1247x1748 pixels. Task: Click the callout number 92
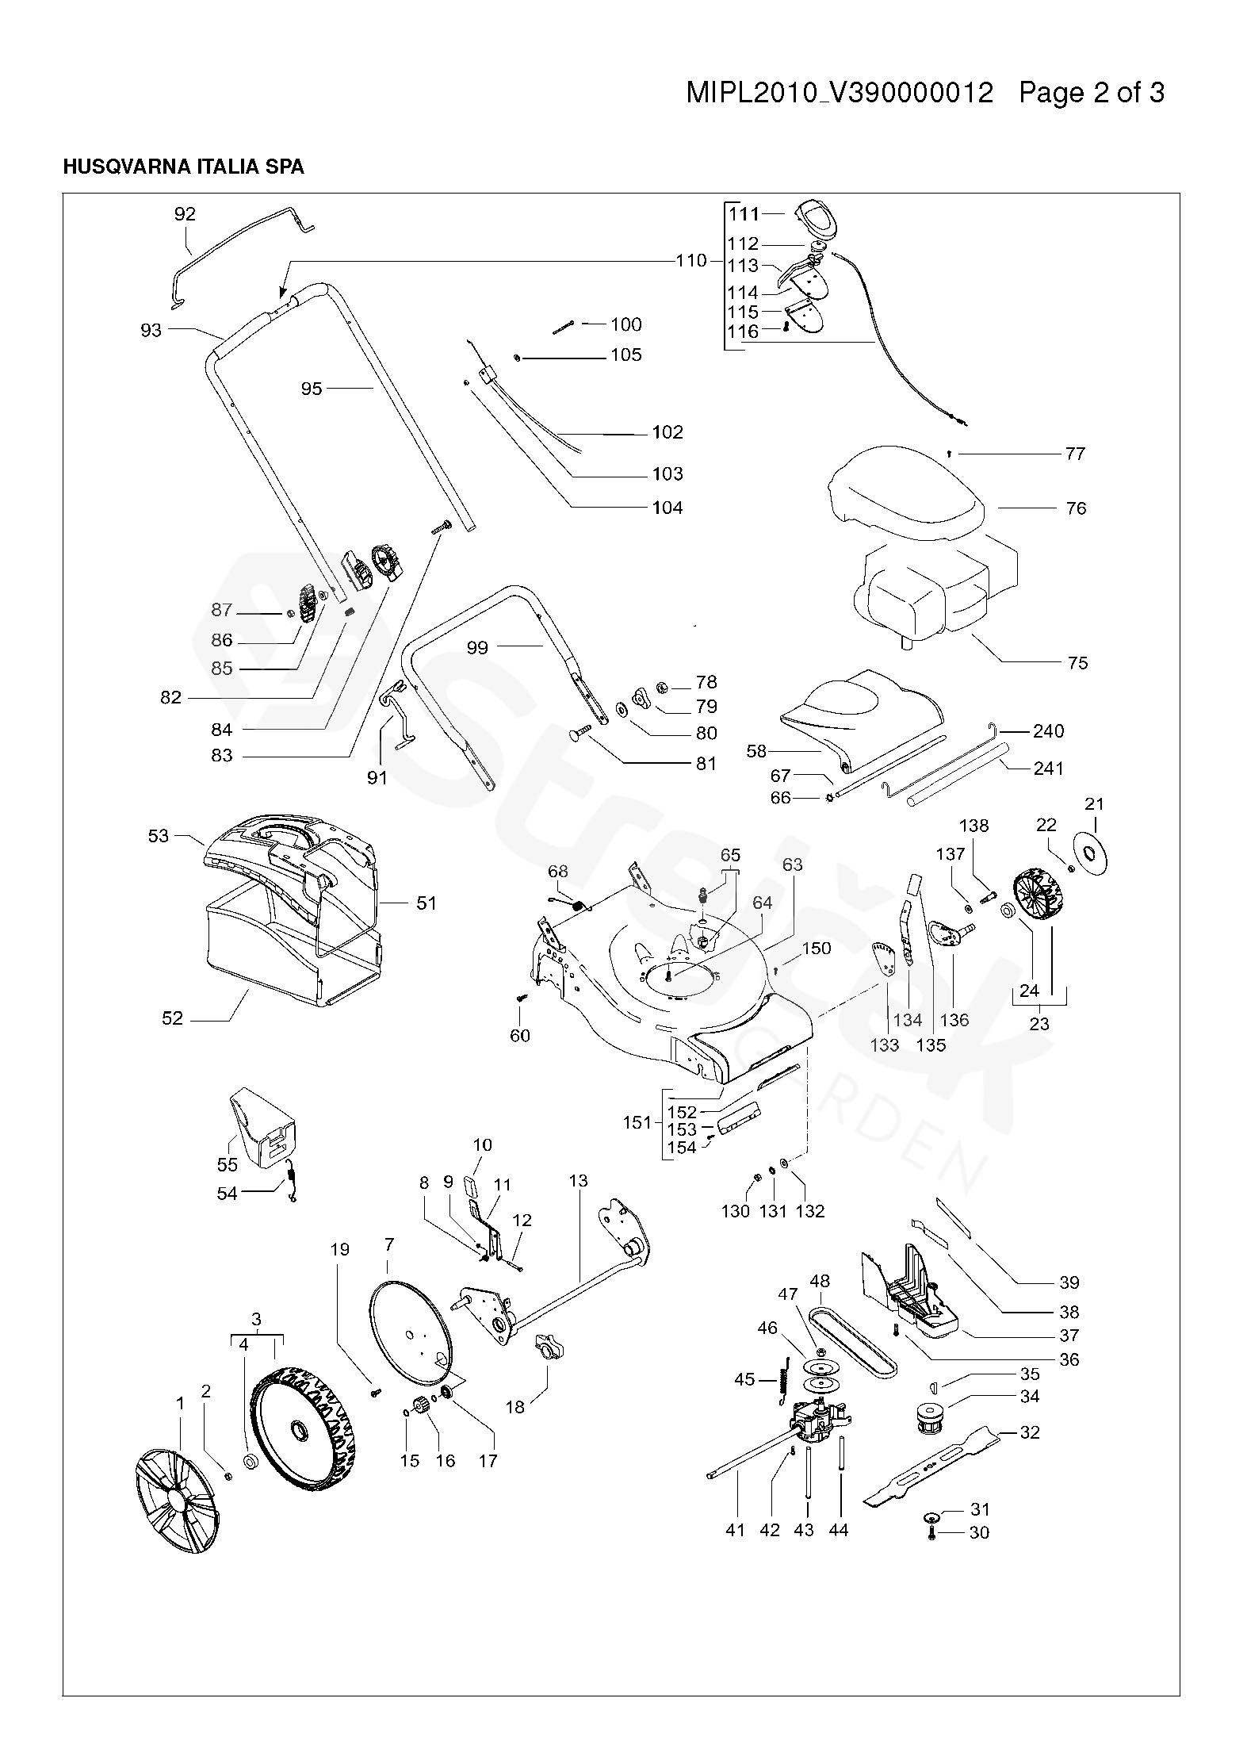[x=185, y=214]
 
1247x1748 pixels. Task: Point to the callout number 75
[x=1078, y=662]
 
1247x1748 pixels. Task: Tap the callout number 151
[x=637, y=1122]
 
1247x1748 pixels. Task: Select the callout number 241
[x=1049, y=768]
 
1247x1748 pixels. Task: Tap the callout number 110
[x=690, y=261]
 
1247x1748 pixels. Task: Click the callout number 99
[x=477, y=647]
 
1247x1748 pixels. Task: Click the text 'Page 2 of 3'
[x=1092, y=94]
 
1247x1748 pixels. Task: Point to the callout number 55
[x=228, y=1164]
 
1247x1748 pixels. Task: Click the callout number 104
[x=667, y=508]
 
